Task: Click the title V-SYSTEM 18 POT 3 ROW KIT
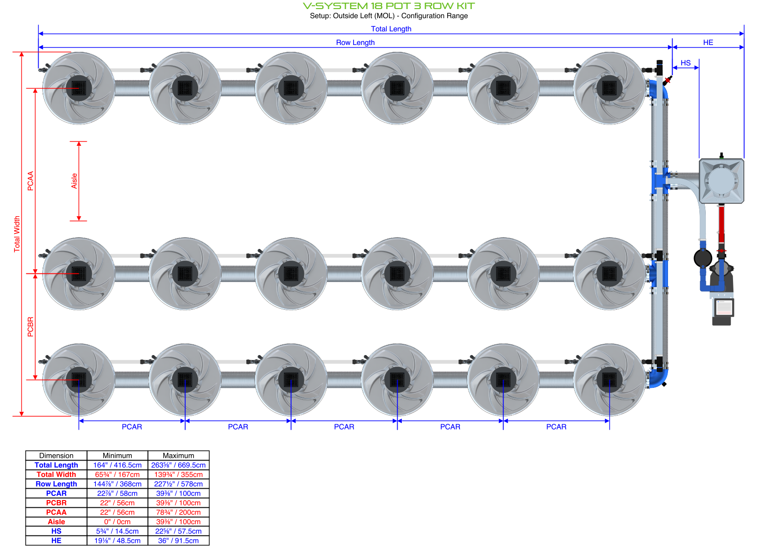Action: tap(389, 6)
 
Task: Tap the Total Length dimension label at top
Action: tap(391, 29)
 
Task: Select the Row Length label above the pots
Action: tap(355, 42)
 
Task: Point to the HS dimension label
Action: tap(685, 63)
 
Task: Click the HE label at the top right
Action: tap(708, 42)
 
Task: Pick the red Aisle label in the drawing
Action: tap(74, 181)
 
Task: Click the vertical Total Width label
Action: tap(17, 234)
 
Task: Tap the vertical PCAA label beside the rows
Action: tap(30, 181)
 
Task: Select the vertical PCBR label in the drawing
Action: tap(30, 327)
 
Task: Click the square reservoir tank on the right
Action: tap(721, 181)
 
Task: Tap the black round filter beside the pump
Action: tap(703, 258)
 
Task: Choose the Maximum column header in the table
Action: tap(178, 456)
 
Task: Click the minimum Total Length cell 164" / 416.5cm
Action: tap(117, 465)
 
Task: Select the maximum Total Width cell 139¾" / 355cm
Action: tap(178, 475)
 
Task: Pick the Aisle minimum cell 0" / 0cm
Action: tap(117, 522)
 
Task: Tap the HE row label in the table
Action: tap(56, 540)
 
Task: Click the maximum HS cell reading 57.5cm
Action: tap(178, 531)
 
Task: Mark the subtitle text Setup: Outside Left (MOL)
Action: tap(353, 16)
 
